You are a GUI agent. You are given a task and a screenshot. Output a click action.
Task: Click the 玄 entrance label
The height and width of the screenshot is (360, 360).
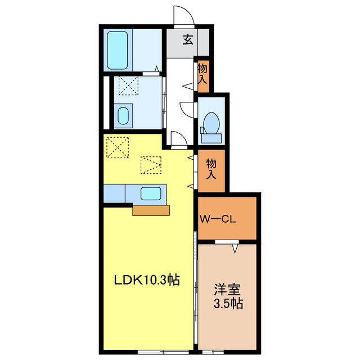188,40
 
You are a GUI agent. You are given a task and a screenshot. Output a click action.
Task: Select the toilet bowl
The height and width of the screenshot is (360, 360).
211,121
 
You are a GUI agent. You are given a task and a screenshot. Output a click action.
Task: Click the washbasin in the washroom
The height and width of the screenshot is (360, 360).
123,115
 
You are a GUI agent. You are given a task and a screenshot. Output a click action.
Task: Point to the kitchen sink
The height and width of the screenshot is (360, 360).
151,193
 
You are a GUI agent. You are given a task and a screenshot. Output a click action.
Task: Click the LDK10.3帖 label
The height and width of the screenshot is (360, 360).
147,280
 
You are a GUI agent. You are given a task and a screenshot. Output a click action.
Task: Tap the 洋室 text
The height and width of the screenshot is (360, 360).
227,291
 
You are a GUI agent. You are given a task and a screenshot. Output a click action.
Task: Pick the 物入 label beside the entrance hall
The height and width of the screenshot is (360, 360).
202,75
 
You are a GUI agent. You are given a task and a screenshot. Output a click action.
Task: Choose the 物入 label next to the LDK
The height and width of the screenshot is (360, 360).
211,168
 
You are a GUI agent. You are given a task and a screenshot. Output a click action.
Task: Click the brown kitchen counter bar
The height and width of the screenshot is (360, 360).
151,210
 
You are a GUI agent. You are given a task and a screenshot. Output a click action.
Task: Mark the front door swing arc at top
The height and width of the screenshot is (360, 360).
183,13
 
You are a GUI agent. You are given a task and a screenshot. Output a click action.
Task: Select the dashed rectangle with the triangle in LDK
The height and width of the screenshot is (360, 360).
150,165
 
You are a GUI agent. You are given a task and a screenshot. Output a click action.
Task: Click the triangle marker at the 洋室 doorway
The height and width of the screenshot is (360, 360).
236,247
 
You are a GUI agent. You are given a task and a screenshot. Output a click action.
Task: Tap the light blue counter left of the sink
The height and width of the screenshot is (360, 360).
115,193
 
